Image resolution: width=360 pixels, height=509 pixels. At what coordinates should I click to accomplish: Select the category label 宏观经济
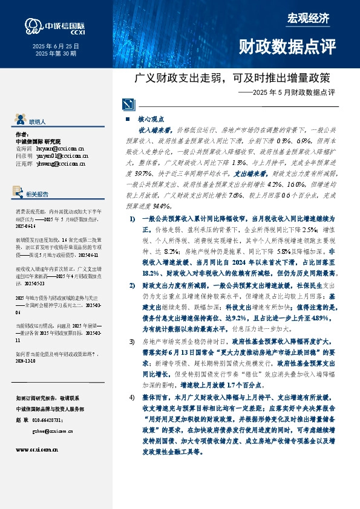tap(308, 18)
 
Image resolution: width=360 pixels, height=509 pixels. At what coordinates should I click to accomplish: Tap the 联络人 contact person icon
tap(19, 120)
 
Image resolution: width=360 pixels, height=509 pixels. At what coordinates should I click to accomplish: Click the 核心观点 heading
tap(151, 120)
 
